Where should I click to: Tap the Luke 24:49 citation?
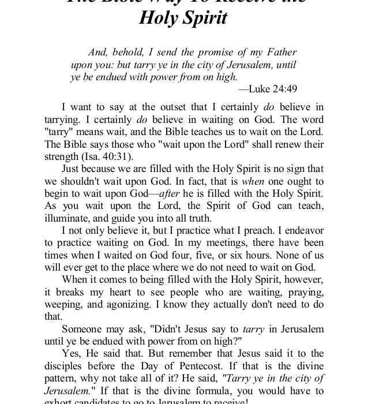click(x=268, y=88)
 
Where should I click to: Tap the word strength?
click(x=79, y=156)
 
